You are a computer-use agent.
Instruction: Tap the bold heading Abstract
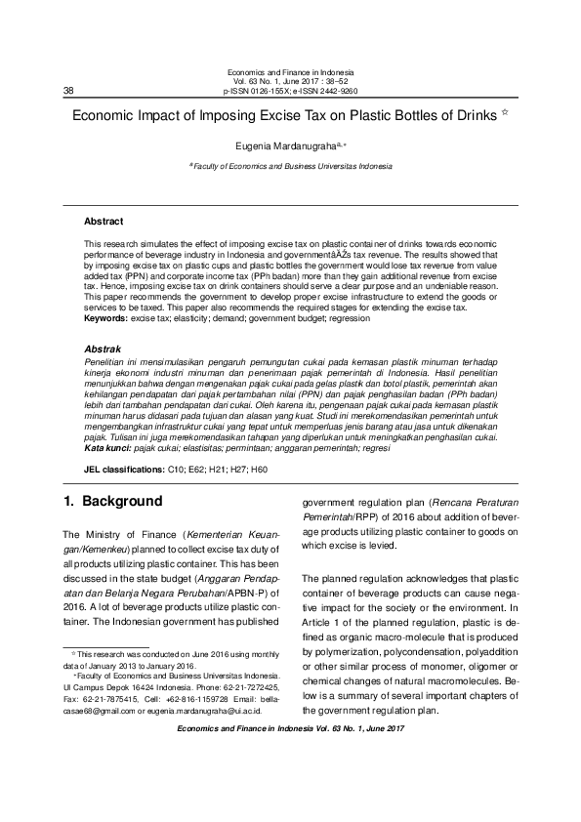(x=104, y=222)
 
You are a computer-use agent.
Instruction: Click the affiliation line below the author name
(x=290, y=167)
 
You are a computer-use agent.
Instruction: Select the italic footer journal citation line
(x=290, y=728)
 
